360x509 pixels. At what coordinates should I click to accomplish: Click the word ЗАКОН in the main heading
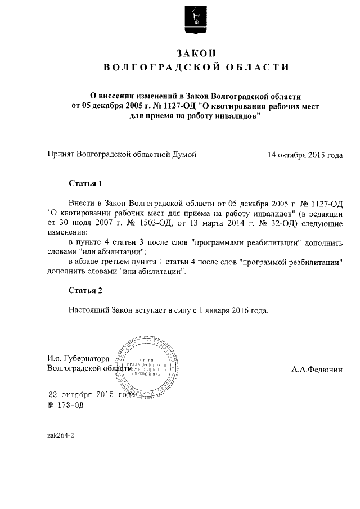point(196,53)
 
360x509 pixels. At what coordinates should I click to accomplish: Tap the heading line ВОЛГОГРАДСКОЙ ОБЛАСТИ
point(196,68)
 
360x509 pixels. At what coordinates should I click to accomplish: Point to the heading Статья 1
point(85,183)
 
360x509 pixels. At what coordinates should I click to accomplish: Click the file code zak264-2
point(61,436)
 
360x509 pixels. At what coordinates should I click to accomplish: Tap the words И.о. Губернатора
point(78,358)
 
